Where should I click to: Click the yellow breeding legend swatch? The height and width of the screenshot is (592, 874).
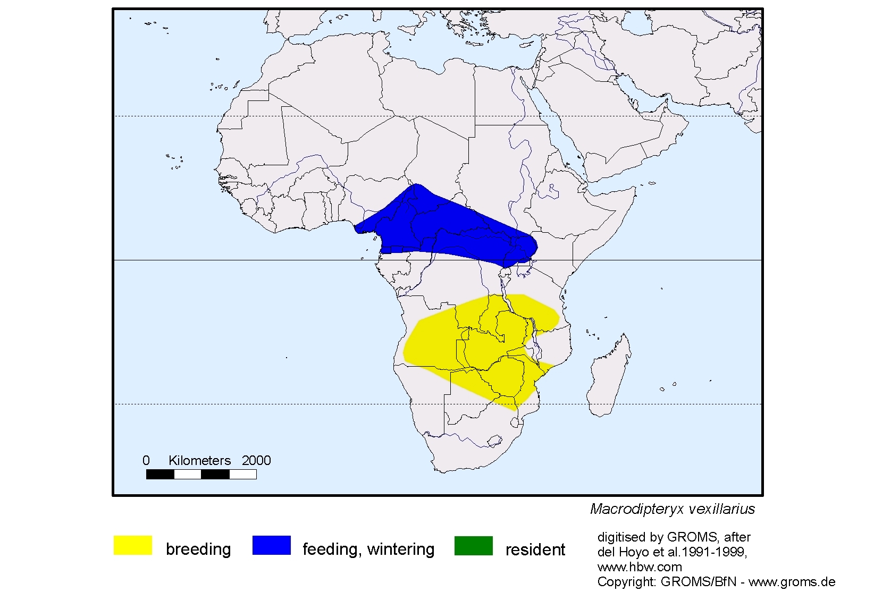coord(133,545)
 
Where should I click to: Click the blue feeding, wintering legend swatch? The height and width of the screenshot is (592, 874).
coord(271,545)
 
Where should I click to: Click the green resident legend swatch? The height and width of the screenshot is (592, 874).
coord(473,545)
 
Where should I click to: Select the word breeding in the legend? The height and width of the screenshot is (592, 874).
coord(198,549)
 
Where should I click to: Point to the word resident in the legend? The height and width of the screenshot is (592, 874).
coord(535,549)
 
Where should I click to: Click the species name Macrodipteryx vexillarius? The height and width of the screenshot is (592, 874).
coord(673,509)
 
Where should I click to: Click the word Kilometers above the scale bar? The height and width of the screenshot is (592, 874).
coord(199,461)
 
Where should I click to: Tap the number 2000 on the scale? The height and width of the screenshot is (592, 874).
coord(256,461)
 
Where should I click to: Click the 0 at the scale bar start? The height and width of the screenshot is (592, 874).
coord(146,461)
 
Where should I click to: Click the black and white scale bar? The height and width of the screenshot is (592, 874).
coord(201,474)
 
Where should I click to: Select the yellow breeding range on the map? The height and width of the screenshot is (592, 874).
coord(478,345)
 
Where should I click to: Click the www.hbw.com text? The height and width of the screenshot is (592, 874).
coord(640,567)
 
